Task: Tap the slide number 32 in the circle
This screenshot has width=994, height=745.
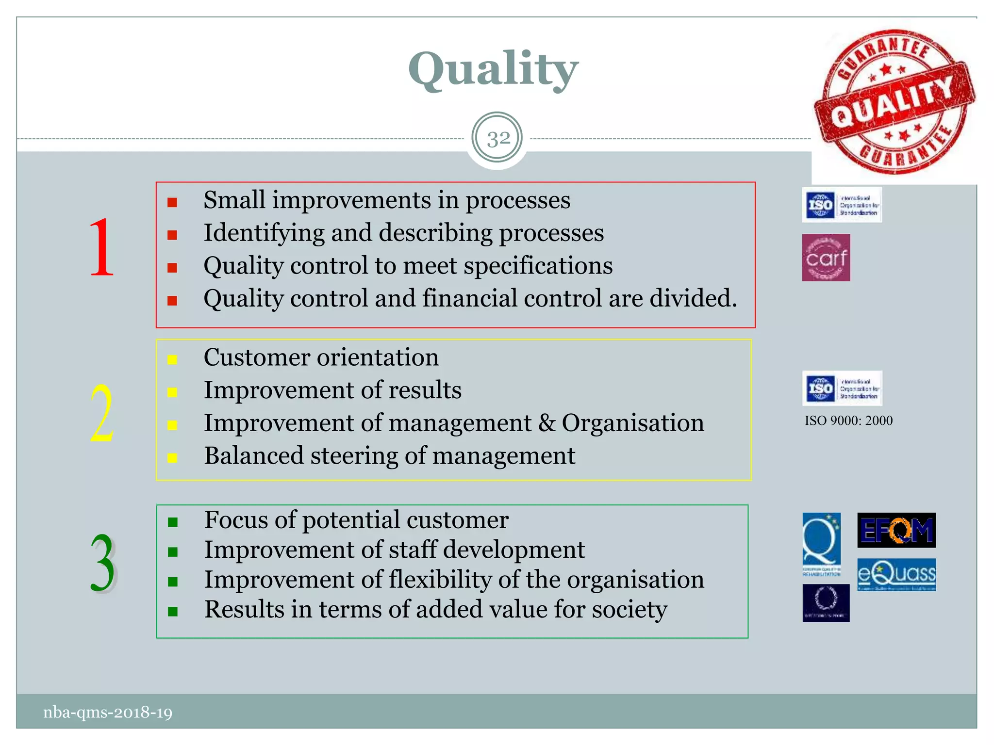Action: [497, 139]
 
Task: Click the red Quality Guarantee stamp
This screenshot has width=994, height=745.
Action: [894, 102]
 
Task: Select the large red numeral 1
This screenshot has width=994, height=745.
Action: [101, 247]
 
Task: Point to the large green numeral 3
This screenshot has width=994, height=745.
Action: [102, 564]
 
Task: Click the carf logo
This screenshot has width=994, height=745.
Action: [826, 258]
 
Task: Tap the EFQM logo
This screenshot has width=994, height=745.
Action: [896, 530]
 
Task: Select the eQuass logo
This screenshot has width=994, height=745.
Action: [896, 575]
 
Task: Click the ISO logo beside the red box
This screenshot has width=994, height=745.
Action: [842, 205]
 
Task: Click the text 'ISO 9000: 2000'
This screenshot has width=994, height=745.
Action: [848, 421]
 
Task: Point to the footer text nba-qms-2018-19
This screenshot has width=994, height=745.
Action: [108, 713]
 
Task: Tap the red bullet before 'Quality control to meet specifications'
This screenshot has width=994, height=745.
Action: [172, 268]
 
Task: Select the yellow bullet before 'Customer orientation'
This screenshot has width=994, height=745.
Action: [172, 359]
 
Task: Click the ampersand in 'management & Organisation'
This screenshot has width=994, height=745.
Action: [546, 423]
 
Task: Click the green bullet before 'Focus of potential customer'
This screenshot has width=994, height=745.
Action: [172, 522]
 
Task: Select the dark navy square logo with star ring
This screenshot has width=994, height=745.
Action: [826, 603]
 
